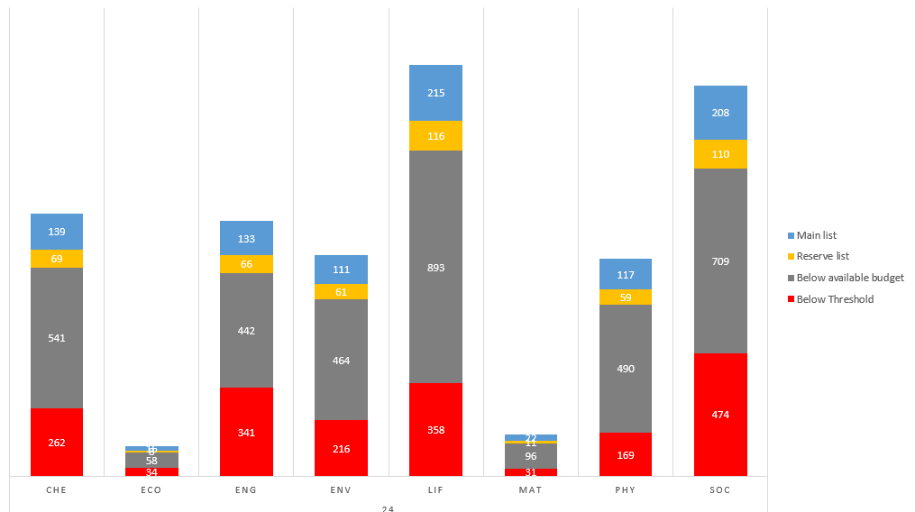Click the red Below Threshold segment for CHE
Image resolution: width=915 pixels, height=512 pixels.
pyautogui.click(x=57, y=442)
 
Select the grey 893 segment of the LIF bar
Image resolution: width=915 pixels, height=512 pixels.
pyautogui.click(x=435, y=267)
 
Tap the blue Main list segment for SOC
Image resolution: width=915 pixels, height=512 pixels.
pyautogui.click(x=720, y=113)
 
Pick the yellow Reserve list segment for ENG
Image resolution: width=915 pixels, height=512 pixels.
pyautogui.click(x=246, y=264)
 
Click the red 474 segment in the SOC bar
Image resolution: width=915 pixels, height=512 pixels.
pyautogui.click(x=720, y=414)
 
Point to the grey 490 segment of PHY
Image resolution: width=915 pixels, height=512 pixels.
pyautogui.click(x=625, y=369)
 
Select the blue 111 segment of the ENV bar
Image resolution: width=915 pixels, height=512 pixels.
pyautogui.click(x=341, y=270)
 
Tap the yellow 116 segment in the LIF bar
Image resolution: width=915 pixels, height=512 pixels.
pyautogui.click(x=435, y=135)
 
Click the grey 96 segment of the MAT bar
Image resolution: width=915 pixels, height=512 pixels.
pyautogui.click(x=530, y=456)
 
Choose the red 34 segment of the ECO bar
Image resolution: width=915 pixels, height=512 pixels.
pyautogui.click(x=151, y=471)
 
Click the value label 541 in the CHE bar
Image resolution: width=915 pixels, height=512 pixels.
pyautogui.click(x=57, y=338)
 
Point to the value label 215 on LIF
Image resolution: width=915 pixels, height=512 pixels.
pyautogui.click(x=435, y=93)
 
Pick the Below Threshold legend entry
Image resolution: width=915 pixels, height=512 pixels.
pyautogui.click(x=834, y=299)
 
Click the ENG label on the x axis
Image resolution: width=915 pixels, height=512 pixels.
pyautogui.click(x=246, y=490)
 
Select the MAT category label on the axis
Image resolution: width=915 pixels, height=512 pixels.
pyautogui.click(x=530, y=490)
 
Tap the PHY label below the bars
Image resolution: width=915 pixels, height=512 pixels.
pyautogui.click(x=625, y=490)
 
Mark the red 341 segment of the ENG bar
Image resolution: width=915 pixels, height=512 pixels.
pyautogui.click(x=246, y=432)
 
